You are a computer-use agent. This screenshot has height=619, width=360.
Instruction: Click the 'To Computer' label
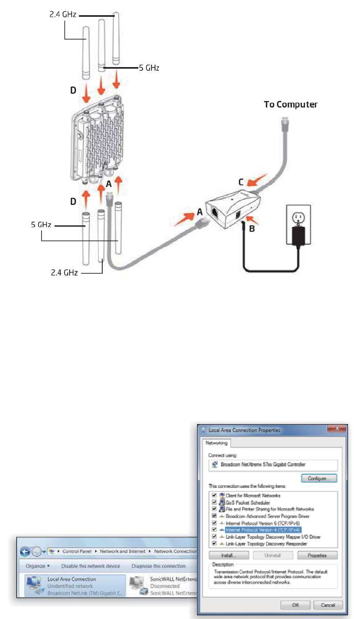tap(291, 104)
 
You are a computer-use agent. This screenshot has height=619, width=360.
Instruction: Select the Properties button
tap(317, 555)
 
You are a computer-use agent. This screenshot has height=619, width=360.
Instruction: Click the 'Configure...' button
tap(319, 478)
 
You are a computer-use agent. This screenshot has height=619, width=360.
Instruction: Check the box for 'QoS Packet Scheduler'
tap(213, 502)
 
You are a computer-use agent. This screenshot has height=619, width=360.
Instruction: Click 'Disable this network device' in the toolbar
tap(91, 566)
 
